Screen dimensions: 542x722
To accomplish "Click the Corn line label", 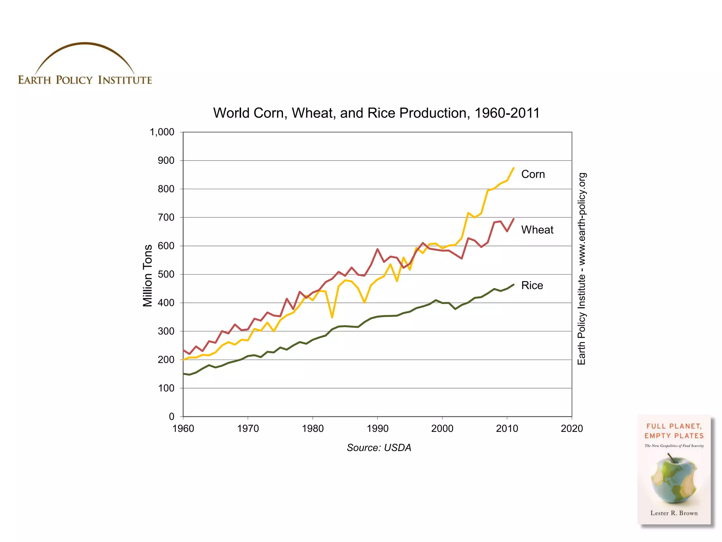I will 533,174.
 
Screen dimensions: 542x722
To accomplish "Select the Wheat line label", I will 537,230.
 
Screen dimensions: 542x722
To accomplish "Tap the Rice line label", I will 532,285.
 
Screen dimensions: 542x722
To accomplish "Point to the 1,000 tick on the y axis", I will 162,132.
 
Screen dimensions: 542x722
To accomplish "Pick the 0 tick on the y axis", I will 172,417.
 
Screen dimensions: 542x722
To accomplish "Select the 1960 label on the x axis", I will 183,429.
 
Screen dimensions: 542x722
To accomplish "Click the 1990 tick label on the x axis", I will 377,429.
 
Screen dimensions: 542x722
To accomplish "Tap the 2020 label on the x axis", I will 571,429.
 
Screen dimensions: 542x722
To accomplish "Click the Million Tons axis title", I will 148,276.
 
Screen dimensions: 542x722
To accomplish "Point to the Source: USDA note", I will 379,448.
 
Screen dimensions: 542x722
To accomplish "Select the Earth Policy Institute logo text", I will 85,80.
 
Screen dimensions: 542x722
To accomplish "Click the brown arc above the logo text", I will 85,44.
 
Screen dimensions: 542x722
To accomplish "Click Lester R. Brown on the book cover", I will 674,513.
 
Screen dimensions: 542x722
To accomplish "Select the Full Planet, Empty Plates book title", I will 674,431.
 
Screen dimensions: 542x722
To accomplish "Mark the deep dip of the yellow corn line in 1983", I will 332,317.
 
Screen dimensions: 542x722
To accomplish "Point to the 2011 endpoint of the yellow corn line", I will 513,168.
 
